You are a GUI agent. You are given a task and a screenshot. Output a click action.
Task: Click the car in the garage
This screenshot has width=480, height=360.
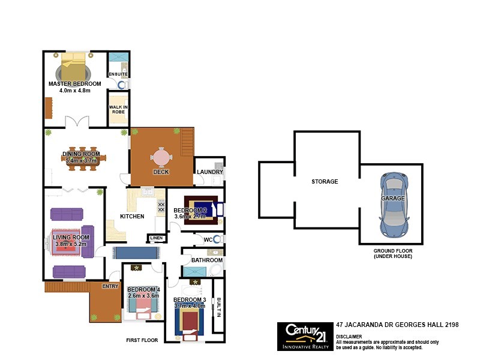tap(393, 204)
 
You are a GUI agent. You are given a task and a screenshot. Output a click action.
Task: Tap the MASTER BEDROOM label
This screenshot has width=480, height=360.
tap(75, 83)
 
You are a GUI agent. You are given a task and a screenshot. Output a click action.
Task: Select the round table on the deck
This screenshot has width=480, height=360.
tap(161, 157)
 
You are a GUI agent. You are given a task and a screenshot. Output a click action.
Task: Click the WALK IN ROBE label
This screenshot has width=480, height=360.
tap(117, 110)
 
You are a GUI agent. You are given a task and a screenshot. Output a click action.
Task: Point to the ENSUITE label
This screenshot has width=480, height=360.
tap(118, 74)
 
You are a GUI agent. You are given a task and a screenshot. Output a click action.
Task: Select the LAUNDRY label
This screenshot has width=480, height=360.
tap(210, 172)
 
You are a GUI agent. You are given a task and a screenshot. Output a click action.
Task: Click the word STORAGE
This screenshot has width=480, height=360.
tap(325, 181)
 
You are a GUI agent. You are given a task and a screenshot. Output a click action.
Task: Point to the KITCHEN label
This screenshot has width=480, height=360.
tap(132, 216)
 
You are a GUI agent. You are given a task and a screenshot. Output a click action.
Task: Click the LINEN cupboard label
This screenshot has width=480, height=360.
tap(157, 238)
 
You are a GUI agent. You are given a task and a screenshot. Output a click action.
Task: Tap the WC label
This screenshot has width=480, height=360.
tap(208, 240)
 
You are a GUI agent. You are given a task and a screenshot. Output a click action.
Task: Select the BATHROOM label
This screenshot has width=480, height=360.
tap(207, 260)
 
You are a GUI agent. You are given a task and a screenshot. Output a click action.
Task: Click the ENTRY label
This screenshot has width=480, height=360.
tap(110, 286)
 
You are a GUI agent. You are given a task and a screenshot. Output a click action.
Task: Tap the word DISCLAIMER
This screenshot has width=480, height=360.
tap(349, 337)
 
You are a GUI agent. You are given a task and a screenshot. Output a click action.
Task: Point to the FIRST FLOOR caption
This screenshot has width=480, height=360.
tap(142, 340)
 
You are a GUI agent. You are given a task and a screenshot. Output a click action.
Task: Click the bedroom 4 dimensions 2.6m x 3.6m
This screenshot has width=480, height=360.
tap(143, 295)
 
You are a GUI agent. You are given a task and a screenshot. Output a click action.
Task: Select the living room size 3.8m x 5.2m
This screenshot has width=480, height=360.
tap(71, 244)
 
